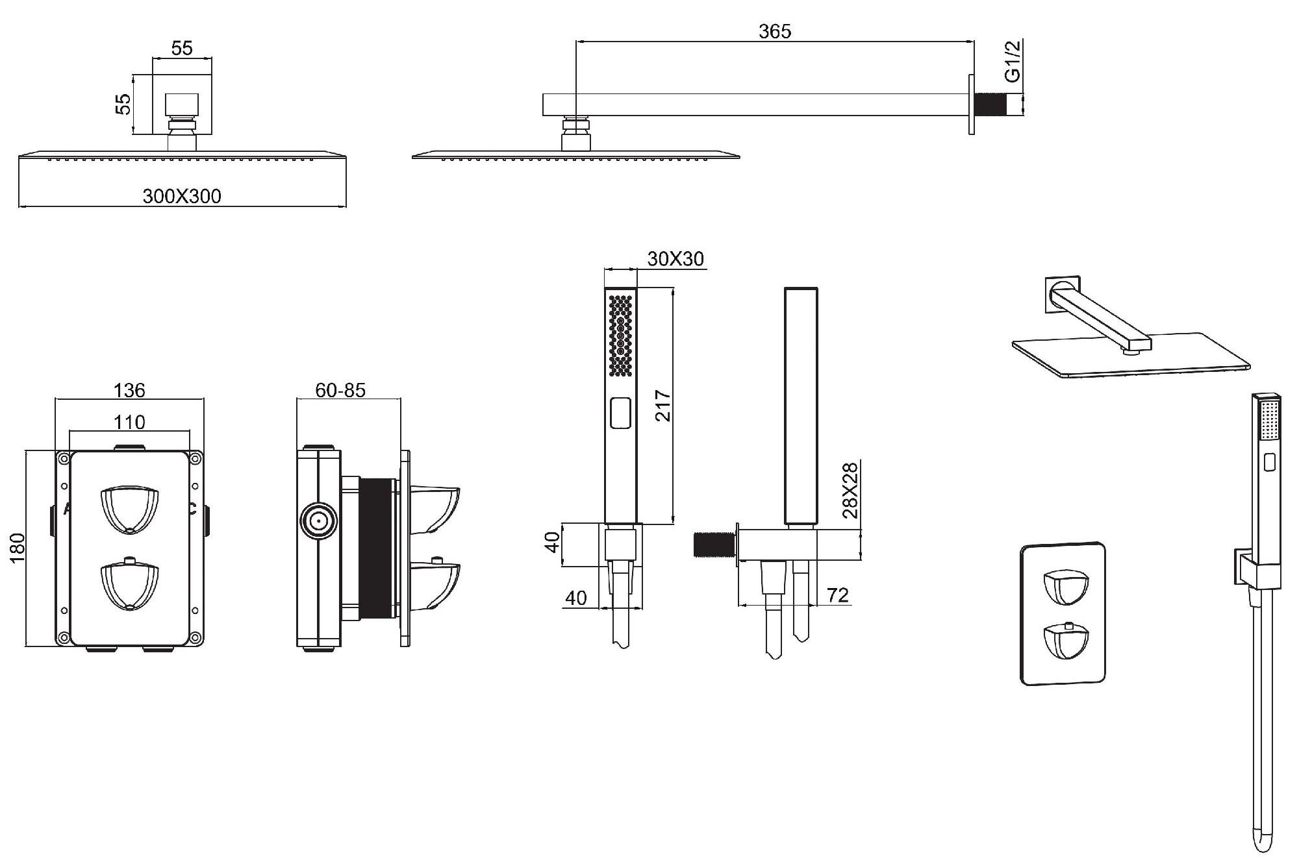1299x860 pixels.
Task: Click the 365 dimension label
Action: click(775, 31)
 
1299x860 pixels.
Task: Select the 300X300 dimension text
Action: click(182, 196)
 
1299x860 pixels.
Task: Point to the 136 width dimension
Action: click(129, 390)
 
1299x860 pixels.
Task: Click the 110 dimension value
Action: click(129, 423)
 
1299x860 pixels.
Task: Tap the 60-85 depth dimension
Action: click(340, 390)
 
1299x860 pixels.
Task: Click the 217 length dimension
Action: click(662, 406)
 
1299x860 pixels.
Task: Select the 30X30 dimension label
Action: click(675, 259)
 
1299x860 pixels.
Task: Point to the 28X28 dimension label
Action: click(850, 490)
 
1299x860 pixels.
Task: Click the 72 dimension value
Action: click(838, 595)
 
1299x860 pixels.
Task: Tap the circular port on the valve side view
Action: click(318, 521)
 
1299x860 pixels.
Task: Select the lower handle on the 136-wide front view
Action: click(130, 586)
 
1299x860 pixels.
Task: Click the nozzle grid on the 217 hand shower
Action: click(621, 335)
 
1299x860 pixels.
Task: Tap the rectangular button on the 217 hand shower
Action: click(621, 413)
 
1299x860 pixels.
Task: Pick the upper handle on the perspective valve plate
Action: click(1065, 588)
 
